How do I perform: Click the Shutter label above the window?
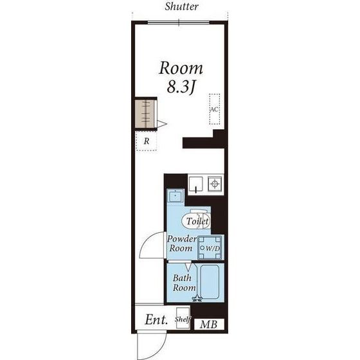click(181, 6)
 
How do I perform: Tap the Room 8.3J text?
click(181, 78)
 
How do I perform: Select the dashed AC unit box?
click(215, 109)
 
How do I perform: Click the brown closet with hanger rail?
click(145, 114)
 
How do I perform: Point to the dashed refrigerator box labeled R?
click(147, 141)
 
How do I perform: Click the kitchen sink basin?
click(195, 184)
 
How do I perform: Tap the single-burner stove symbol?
click(215, 184)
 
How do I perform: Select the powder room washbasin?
click(175, 195)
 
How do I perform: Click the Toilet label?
click(197, 221)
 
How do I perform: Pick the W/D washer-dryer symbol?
click(210, 248)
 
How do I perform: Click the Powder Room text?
click(181, 244)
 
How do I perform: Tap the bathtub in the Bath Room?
click(210, 282)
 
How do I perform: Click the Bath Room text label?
click(184, 283)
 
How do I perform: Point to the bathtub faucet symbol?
click(197, 298)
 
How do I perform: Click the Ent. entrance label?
click(156, 319)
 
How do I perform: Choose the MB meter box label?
click(209, 325)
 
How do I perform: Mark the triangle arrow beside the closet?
click(161, 124)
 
